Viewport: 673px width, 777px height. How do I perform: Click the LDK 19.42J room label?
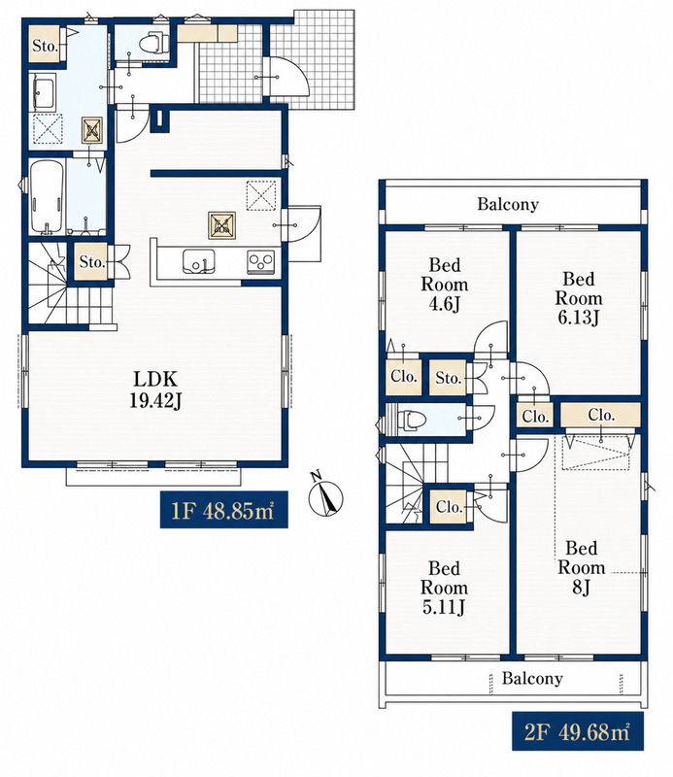155,389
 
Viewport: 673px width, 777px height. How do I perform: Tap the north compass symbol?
325,497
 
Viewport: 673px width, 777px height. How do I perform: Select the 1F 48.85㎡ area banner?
223,509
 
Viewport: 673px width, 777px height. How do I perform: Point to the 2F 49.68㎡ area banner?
578,731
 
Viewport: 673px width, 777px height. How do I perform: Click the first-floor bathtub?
47,197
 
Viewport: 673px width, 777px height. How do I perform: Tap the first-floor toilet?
153,43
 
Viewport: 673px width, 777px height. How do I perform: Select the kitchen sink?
198,261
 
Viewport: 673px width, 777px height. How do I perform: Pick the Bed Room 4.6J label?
445,285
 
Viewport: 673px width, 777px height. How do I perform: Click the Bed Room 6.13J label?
579,298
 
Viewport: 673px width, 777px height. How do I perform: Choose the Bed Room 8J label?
582,567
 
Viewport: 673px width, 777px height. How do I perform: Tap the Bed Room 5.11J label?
444,588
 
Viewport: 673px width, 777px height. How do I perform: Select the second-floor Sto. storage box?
448,378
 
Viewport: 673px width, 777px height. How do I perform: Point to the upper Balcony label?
508,204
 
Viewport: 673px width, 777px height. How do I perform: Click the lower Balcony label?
532,678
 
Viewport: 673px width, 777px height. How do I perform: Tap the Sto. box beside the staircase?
91,261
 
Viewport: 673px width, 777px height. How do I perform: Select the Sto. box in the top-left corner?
46,46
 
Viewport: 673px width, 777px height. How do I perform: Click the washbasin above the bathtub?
44,92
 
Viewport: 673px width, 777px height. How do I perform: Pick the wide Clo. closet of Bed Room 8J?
600,415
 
